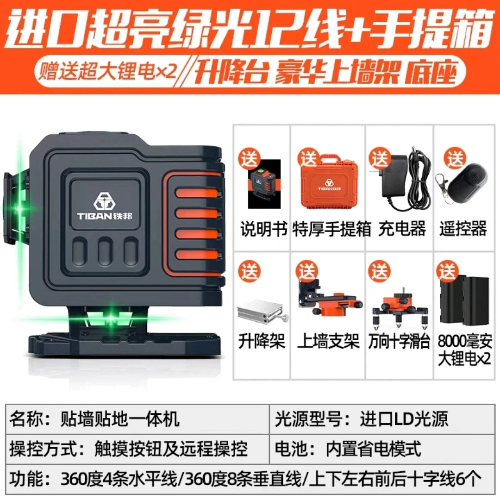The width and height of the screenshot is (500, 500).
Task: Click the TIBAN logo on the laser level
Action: tap(105, 206)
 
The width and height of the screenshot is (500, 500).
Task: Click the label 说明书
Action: tap(264, 229)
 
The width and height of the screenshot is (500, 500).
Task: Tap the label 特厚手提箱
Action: tap(331, 229)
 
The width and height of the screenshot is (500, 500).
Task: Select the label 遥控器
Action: tap(463, 229)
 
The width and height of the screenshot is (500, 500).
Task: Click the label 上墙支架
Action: tap(328, 341)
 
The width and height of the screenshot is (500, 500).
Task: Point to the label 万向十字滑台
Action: tap(399, 341)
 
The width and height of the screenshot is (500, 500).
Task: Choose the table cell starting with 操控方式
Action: tap(137, 449)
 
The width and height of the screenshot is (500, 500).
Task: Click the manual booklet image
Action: tap(264, 184)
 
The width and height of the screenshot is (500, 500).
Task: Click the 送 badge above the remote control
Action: tap(455, 158)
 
